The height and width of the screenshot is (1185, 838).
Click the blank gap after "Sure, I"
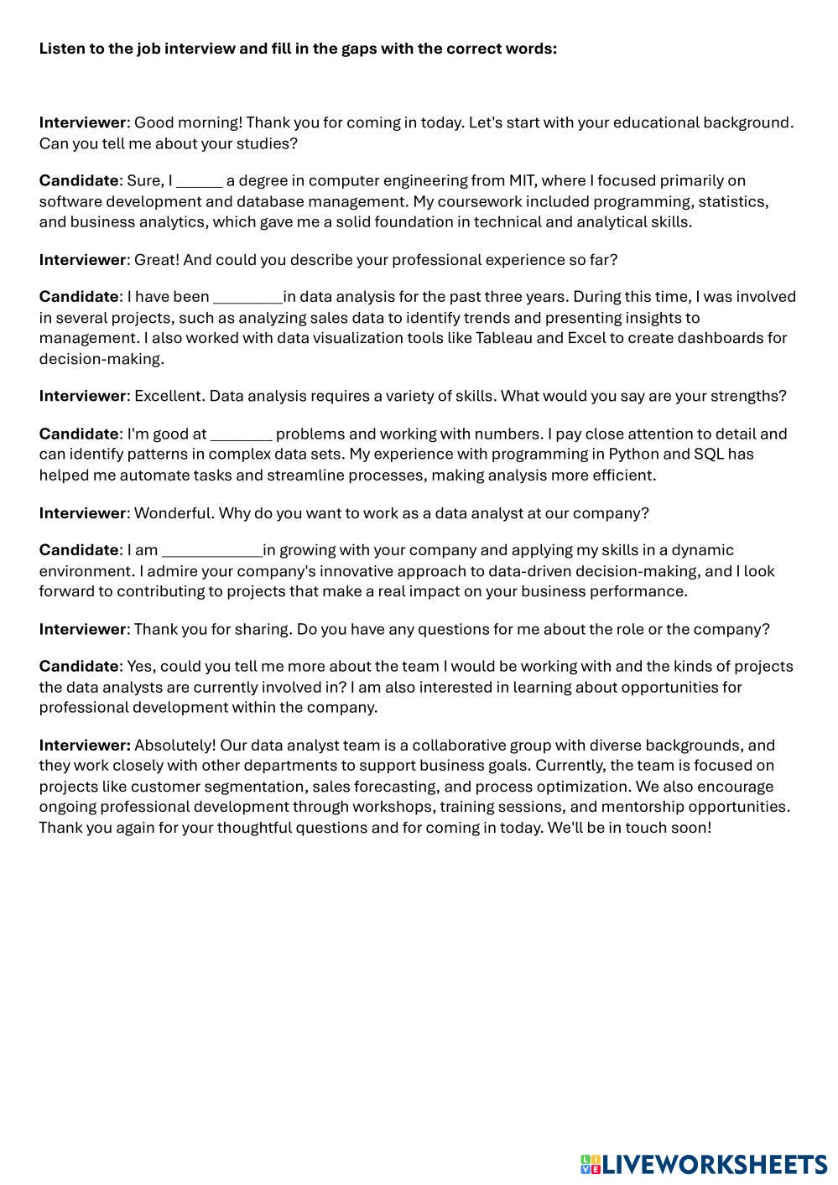point(199,182)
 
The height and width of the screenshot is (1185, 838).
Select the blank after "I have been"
point(247,298)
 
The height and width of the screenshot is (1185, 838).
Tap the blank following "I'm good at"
point(241,435)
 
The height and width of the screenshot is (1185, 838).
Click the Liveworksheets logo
point(703,1164)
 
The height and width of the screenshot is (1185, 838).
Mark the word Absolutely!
point(174,746)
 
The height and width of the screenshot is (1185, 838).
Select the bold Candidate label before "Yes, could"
point(79,667)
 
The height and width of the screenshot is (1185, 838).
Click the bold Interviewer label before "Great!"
point(81,260)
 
